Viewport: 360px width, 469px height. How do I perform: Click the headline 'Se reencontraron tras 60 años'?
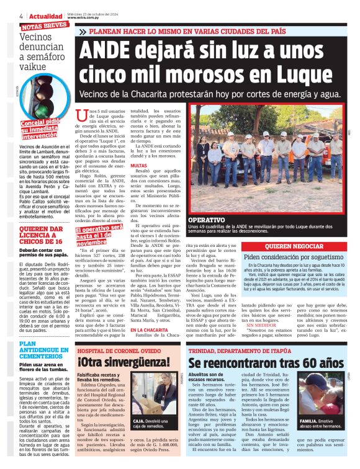(x=266, y=362)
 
